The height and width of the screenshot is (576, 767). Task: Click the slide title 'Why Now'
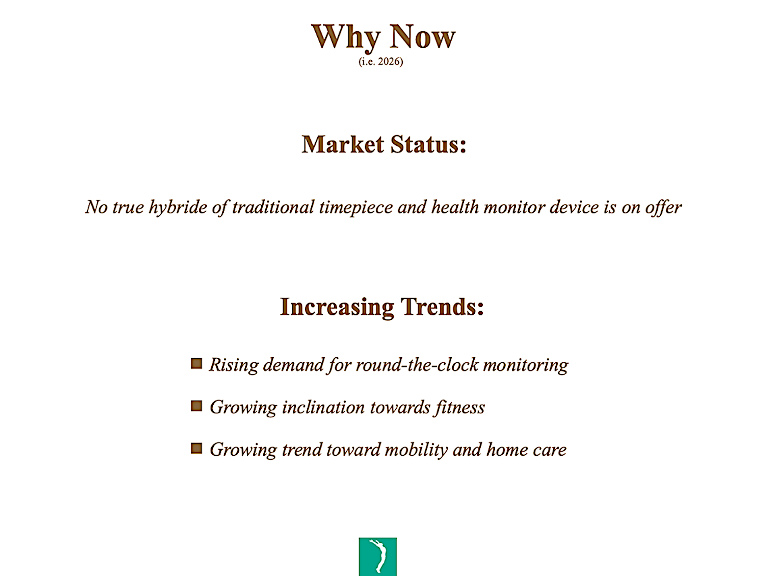(383, 38)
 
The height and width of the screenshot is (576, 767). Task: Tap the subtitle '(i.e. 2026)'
(381, 62)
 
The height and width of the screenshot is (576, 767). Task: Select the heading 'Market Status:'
(384, 144)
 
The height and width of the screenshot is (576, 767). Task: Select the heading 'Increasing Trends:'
(382, 307)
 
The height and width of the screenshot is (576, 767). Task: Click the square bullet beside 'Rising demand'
(196, 363)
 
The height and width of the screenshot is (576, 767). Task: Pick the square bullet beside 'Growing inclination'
(196, 406)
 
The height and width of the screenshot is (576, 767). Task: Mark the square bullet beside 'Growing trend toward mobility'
(196, 448)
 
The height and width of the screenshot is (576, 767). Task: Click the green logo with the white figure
(378, 556)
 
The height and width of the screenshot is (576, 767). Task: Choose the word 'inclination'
(323, 407)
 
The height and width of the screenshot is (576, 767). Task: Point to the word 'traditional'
(273, 207)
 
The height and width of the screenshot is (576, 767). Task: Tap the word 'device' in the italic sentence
(574, 207)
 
